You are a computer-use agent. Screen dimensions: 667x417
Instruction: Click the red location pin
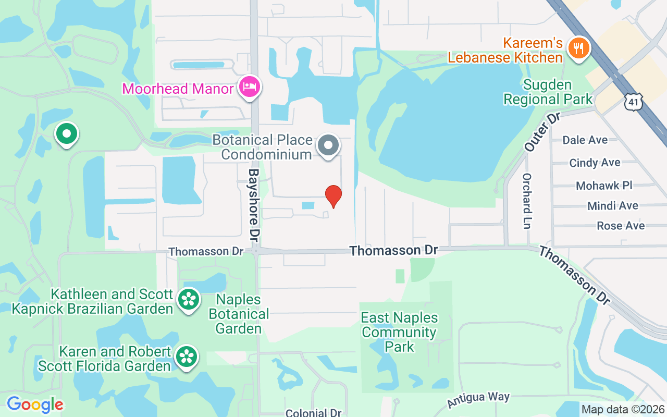[333, 196]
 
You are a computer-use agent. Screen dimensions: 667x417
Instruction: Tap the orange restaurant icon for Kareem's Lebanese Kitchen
[578, 49]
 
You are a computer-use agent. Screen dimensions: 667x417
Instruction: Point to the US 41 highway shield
[633, 102]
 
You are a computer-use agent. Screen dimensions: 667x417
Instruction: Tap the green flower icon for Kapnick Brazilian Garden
[188, 300]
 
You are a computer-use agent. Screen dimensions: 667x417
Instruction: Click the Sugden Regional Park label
[548, 92]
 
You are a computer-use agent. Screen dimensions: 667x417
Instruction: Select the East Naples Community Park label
[400, 332]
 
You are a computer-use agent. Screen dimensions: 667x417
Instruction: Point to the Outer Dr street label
[541, 132]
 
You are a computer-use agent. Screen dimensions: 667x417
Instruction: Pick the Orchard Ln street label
[527, 201]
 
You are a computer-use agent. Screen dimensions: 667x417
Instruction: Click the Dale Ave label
[585, 140]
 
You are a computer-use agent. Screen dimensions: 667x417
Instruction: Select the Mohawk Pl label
[604, 186]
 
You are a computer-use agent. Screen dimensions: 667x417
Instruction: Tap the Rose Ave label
[621, 226]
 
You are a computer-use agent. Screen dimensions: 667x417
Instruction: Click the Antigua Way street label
[478, 400]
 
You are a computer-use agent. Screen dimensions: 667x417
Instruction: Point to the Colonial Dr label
[313, 413]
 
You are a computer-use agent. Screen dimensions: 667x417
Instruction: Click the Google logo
[35, 404]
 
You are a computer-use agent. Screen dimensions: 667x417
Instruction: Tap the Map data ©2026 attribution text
[623, 410]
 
